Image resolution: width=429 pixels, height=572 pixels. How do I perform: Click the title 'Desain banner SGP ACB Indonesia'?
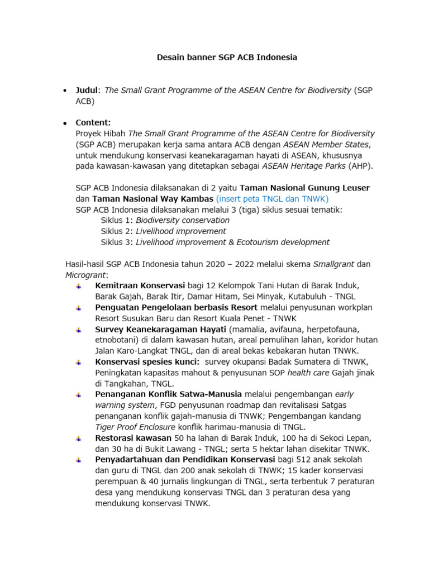(226, 57)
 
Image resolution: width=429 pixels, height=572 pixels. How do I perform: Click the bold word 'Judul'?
(87, 90)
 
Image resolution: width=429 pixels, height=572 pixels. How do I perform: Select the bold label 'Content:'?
(93, 122)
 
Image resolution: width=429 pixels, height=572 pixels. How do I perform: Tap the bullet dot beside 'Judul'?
(65, 90)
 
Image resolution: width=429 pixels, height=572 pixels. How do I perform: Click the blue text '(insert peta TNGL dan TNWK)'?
(272, 198)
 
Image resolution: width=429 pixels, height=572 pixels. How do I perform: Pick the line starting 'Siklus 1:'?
(165, 220)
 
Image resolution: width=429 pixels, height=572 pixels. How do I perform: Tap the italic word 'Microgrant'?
(85, 275)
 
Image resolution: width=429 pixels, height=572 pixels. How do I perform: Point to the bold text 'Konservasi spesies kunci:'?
(147, 361)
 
